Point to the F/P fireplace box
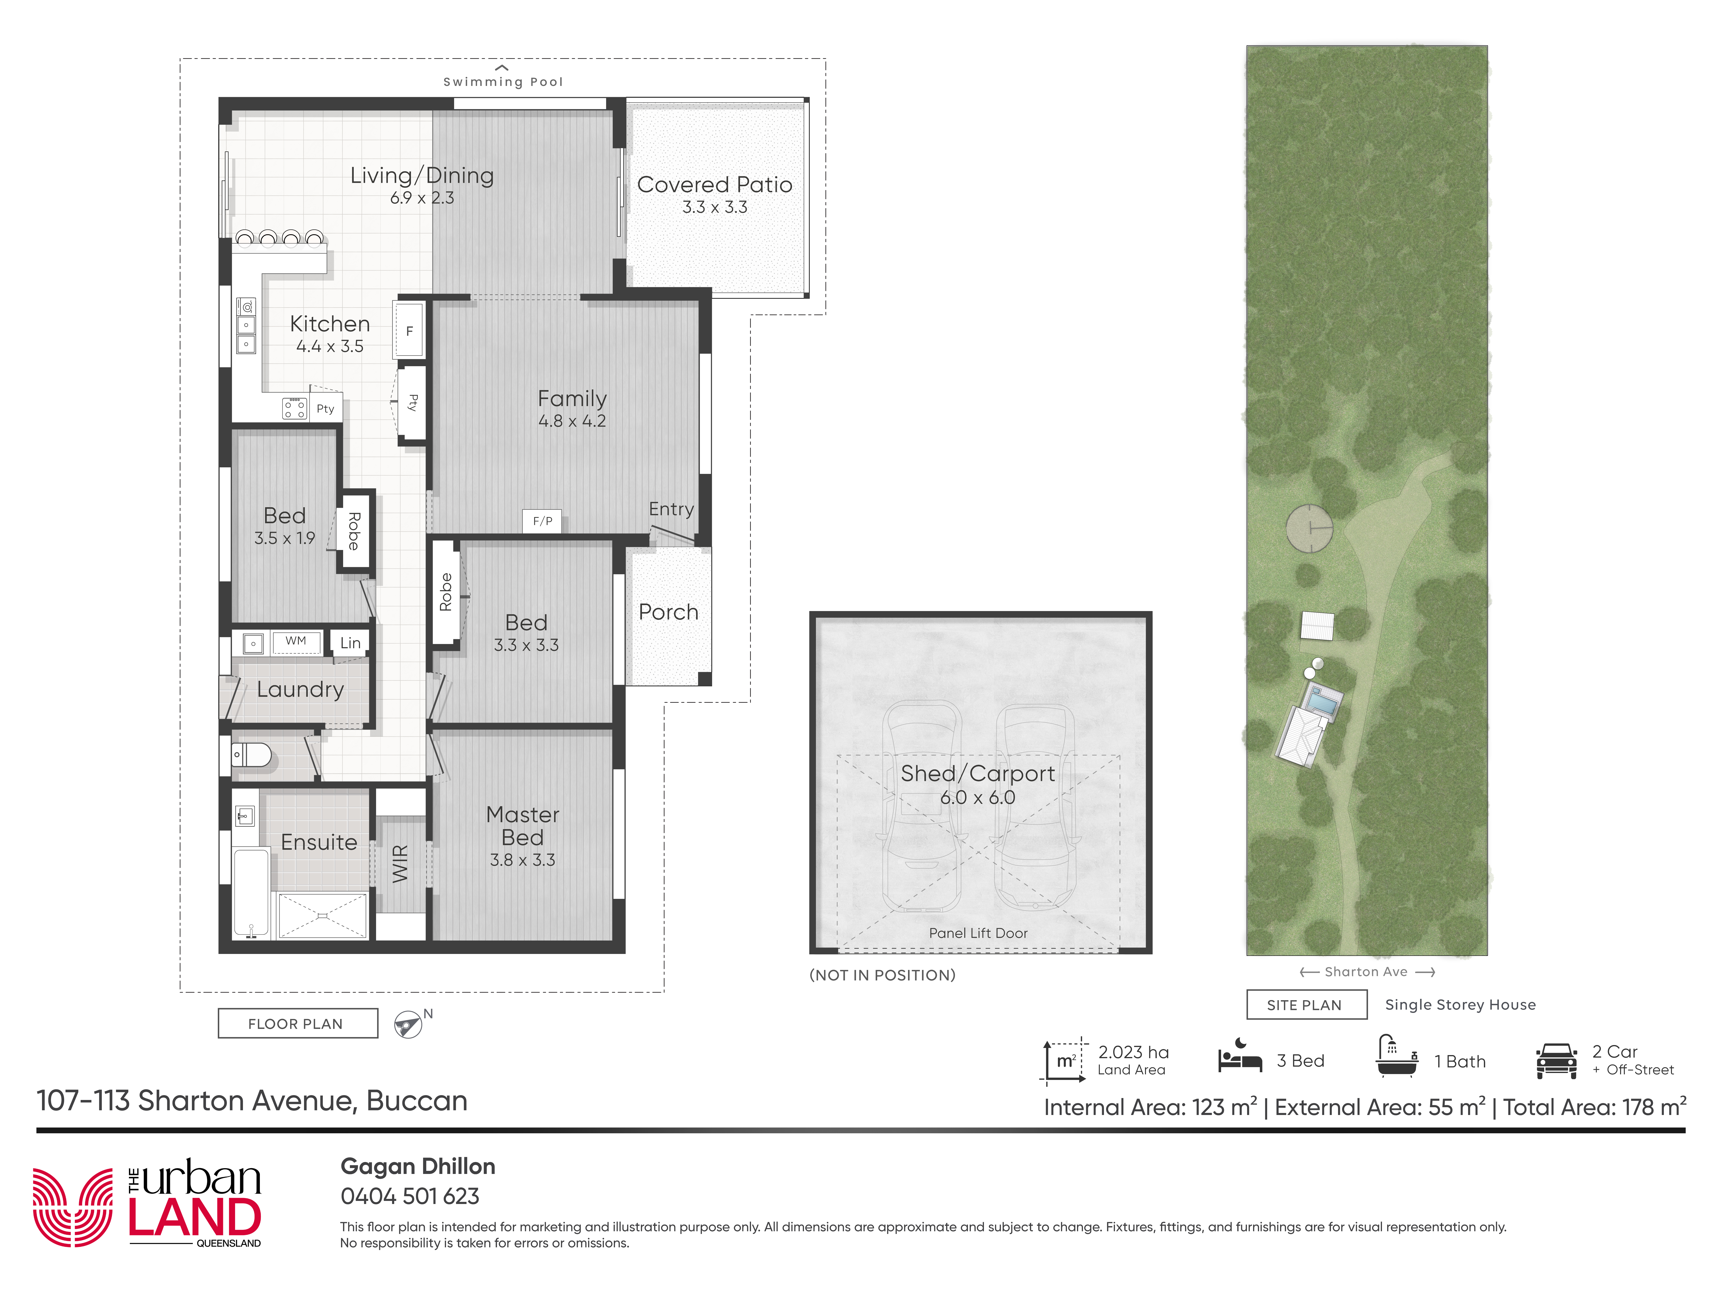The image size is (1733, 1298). (542, 521)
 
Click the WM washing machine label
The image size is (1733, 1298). (295, 641)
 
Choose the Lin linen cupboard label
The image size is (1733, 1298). (350, 643)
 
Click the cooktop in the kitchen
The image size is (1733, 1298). (295, 408)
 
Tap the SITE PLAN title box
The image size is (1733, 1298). (1306, 1004)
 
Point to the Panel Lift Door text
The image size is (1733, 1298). (978, 933)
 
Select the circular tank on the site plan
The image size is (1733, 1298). (1309, 528)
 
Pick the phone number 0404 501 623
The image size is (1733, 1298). (410, 1196)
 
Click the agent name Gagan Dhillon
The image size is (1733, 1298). (417, 1166)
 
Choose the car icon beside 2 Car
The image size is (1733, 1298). (1557, 1061)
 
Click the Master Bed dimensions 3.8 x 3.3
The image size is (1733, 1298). (523, 860)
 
